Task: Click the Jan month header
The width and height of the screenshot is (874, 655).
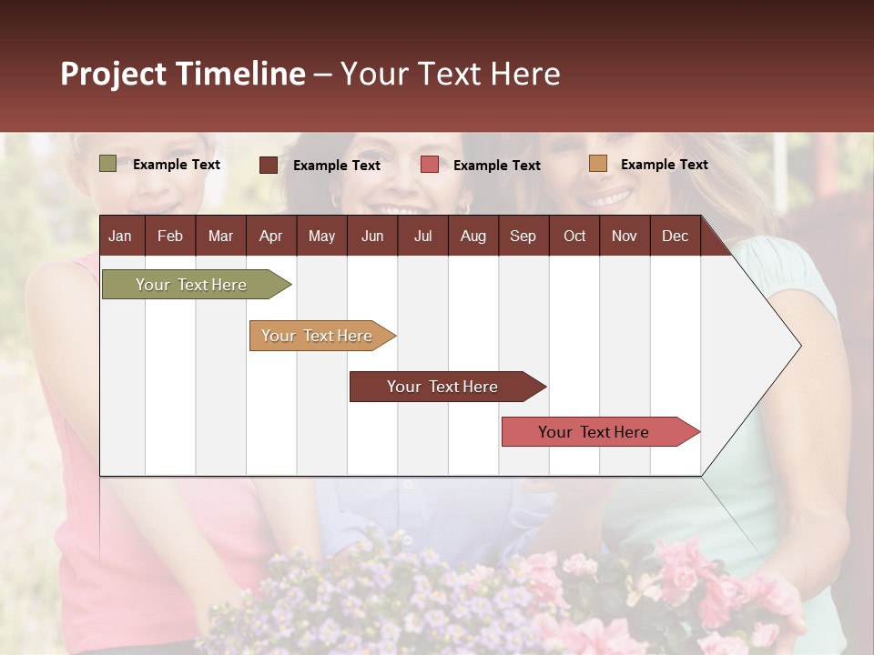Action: tap(120, 236)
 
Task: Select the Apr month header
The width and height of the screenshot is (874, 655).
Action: tap(270, 236)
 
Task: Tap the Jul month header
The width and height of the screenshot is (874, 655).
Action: tap(422, 236)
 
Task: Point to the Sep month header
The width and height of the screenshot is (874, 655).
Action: tap(523, 236)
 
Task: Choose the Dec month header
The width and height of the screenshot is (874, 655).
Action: tap(675, 236)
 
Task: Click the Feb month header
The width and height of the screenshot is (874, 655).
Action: tap(170, 236)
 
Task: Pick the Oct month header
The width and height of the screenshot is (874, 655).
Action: tap(574, 236)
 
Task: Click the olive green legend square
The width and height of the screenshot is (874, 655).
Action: tap(107, 164)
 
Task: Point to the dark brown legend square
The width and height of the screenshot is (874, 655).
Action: tap(268, 165)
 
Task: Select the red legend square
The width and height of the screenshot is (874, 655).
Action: tap(430, 165)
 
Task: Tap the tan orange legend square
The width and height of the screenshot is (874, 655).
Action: tap(597, 164)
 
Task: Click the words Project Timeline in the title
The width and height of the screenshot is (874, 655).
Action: tap(183, 74)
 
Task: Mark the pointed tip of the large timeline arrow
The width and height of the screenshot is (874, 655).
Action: tap(799, 346)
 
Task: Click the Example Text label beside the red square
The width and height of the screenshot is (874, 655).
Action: tap(496, 166)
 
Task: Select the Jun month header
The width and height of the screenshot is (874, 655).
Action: tap(372, 236)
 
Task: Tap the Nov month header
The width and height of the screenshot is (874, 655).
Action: tap(625, 236)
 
